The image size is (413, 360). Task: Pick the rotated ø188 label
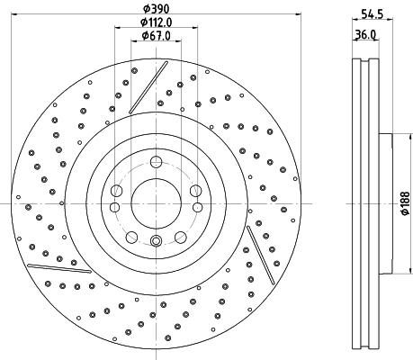[x=404, y=203]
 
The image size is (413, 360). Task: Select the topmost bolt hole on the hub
[x=157, y=162]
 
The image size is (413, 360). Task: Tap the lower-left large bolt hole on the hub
[x=132, y=237]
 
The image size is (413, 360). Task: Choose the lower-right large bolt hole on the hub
[x=180, y=237]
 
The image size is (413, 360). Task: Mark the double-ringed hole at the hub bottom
[x=157, y=241]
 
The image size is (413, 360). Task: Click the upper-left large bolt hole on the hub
[x=118, y=190]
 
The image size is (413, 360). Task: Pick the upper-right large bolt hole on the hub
[x=195, y=190]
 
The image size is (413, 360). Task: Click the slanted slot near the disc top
[x=148, y=88]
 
